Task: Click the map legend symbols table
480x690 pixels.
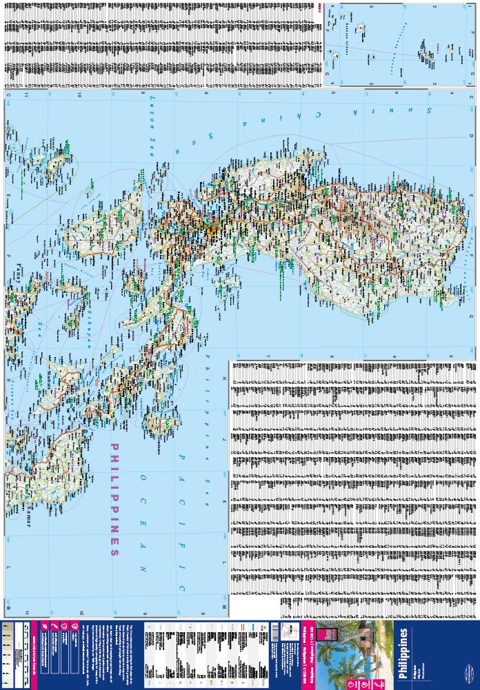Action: point(206,651)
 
